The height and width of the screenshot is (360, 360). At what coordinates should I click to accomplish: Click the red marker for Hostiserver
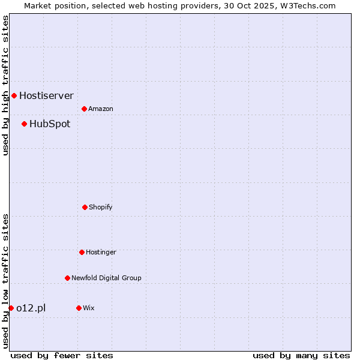click(14, 95)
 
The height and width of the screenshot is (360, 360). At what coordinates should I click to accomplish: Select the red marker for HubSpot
click(24, 124)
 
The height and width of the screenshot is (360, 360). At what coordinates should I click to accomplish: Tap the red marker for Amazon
click(84, 109)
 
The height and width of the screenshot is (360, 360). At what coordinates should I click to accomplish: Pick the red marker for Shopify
click(85, 207)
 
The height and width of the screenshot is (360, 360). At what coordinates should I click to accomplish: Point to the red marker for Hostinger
click(82, 252)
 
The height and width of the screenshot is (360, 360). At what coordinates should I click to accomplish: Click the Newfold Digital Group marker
click(67, 278)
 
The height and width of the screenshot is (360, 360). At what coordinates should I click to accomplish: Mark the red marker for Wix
click(79, 308)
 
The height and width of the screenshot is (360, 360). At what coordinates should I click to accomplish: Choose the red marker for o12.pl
click(11, 308)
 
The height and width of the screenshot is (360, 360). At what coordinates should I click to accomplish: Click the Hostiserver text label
click(46, 95)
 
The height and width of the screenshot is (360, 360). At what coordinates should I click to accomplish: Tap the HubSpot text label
click(50, 124)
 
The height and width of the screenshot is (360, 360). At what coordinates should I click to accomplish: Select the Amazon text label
click(101, 109)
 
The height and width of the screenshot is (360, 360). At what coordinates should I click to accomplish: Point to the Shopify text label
click(101, 207)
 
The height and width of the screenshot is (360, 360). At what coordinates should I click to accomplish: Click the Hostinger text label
click(101, 252)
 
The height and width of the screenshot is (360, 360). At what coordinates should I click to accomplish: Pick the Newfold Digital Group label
click(106, 278)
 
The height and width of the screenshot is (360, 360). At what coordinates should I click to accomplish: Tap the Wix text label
click(89, 308)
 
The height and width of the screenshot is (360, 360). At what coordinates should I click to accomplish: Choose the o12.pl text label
click(31, 308)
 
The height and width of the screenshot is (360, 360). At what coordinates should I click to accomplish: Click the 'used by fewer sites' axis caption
click(62, 355)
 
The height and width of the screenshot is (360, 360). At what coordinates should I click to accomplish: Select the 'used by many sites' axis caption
click(301, 355)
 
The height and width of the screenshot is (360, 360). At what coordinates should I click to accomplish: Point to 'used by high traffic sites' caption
click(5, 85)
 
